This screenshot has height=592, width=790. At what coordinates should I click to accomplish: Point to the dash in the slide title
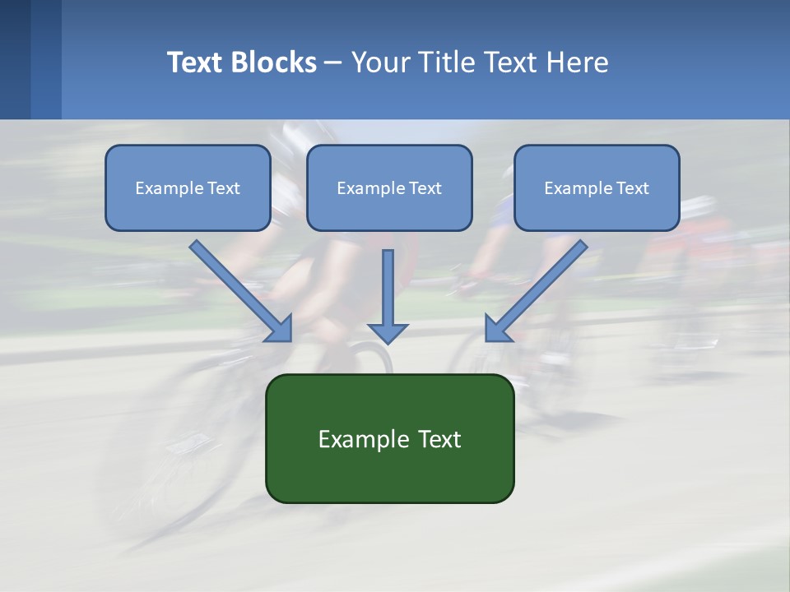(x=333, y=62)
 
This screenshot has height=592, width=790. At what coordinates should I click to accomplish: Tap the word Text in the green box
(x=440, y=439)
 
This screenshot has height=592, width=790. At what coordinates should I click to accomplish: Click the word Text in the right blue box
(x=632, y=188)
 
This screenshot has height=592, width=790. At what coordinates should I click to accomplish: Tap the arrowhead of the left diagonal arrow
(x=281, y=330)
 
